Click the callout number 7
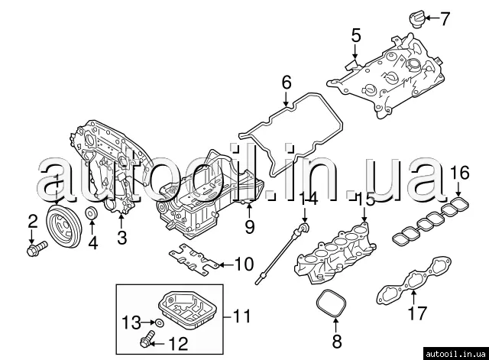pos(446,16)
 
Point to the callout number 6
pos(287,81)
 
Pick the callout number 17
pos(416,312)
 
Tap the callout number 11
pos(241,315)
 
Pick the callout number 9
pos(249,226)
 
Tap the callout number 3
pos(121,238)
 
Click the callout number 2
pos(33,222)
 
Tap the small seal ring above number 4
pos(90,213)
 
